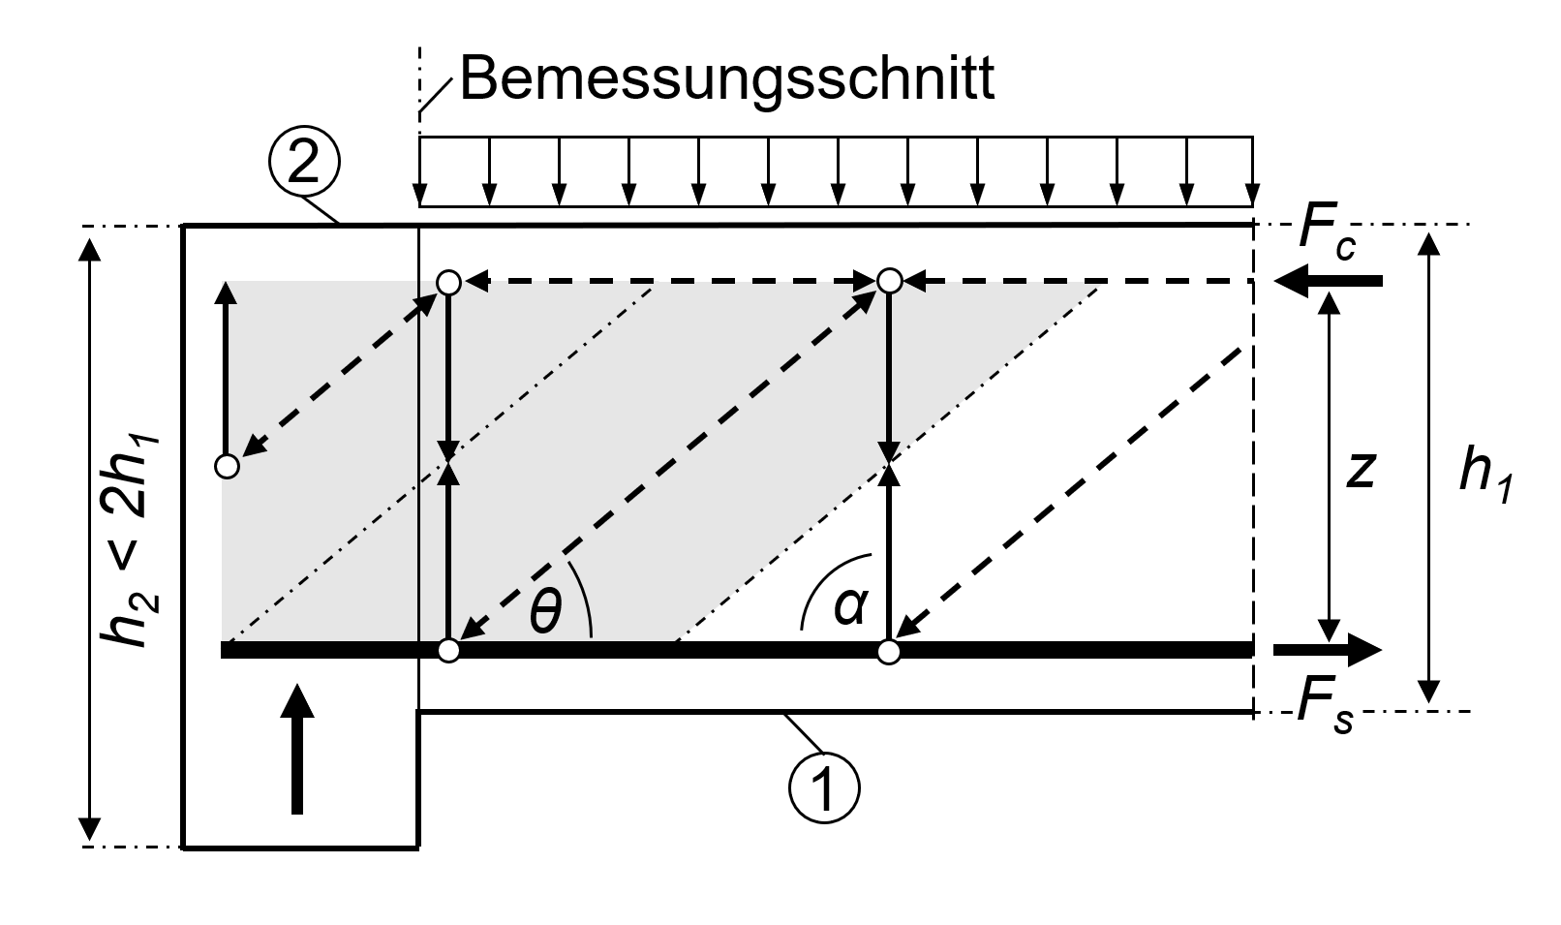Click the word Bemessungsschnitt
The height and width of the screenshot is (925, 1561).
pos(726,78)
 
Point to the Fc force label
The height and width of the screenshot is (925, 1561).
pos(1325,236)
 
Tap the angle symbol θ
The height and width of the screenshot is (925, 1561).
pos(545,611)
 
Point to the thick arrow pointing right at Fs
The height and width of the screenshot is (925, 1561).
pos(1328,650)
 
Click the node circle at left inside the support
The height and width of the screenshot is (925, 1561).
pos(226,467)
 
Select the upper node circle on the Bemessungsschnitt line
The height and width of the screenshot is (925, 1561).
pos(448,282)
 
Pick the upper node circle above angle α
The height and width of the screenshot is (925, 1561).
pos(889,281)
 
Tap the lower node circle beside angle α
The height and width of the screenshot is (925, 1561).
pos(888,651)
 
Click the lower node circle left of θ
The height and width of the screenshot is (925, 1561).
pos(447,650)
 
